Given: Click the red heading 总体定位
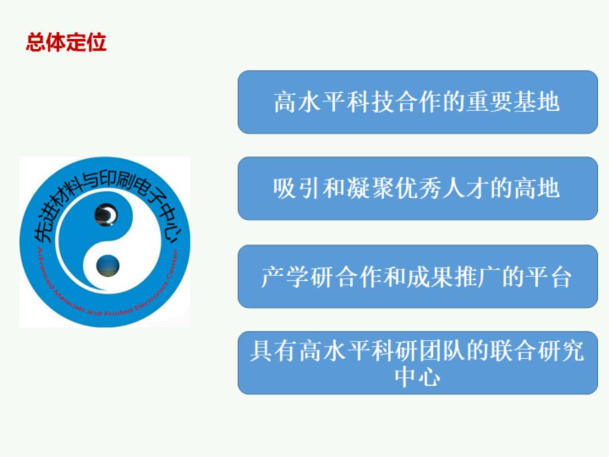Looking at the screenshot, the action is pos(66,42).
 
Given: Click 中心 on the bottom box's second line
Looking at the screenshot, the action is pos(417,376).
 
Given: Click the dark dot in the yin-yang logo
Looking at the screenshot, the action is pos(106,214).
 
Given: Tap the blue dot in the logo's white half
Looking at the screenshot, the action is pos(108,266).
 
